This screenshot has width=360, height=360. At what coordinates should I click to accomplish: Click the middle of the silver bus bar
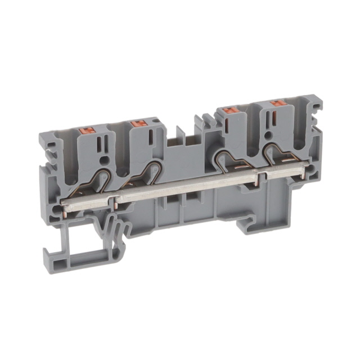(x=186, y=189)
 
